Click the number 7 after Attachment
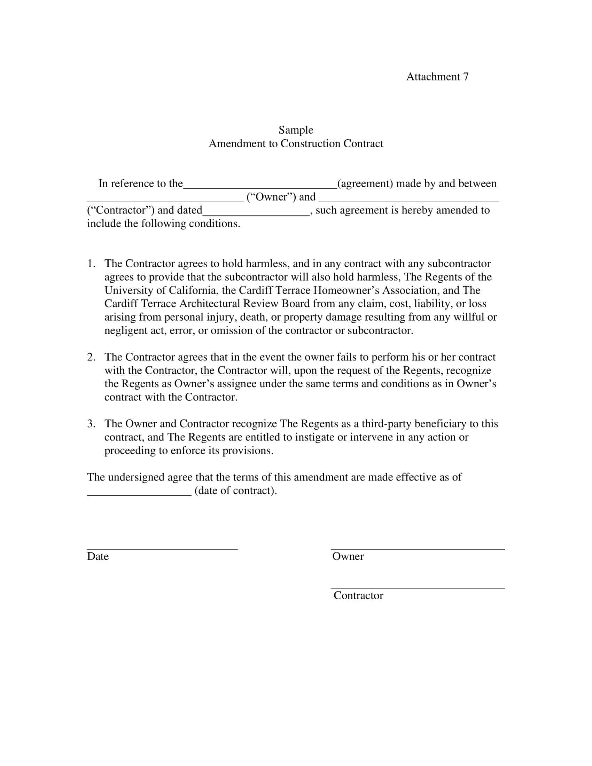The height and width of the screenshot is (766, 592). (x=465, y=77)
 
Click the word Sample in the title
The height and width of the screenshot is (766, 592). (x=296, y=130)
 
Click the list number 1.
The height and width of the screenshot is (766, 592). (x=91, y=264)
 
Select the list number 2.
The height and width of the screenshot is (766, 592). (x=91, y=357)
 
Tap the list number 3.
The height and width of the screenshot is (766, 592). (x=91, y=424)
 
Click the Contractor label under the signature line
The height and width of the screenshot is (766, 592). (x=358, y=595)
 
